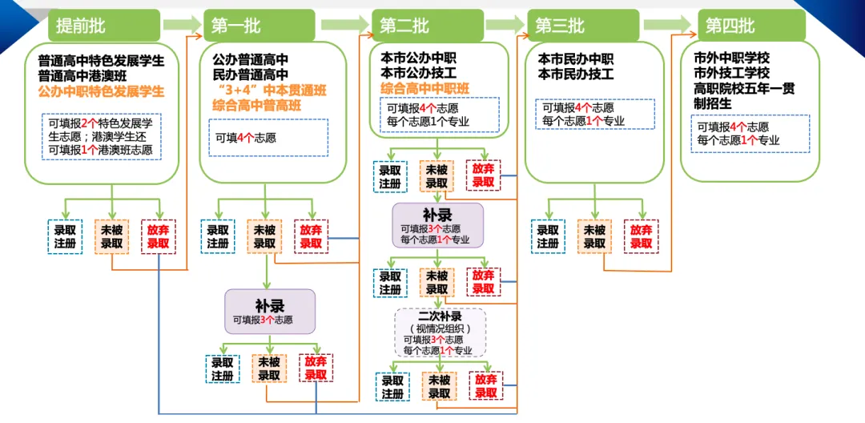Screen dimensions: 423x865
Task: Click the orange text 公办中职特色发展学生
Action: (101, 92)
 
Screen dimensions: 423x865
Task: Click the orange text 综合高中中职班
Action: (424, 88)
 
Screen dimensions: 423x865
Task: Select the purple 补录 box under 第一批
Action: (270, 312)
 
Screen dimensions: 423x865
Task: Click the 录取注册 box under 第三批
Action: (549, 236)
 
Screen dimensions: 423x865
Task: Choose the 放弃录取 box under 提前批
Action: (158, 236)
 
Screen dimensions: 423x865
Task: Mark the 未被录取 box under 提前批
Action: (111, 236)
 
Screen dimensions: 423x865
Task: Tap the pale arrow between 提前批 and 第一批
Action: (181, 26)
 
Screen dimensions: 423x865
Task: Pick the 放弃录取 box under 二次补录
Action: (486, 386)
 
